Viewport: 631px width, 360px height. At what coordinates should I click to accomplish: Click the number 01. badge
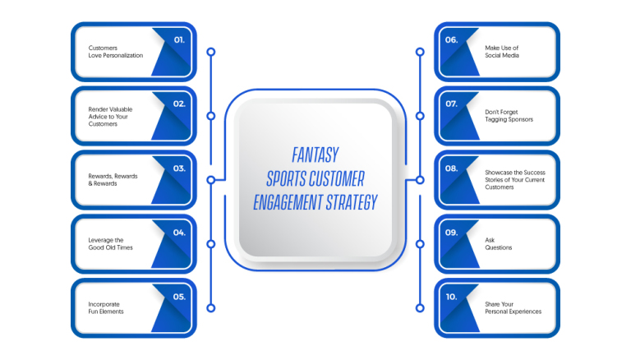[179, 40]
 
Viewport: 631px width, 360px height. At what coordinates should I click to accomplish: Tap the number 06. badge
[452, 40]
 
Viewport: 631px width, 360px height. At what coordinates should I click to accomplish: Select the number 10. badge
[452, 297]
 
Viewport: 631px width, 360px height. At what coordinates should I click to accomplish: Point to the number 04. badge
[179, 233]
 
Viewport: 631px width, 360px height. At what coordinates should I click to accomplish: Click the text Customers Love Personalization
[116, 52]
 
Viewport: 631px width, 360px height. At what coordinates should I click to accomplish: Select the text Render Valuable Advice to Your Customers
[110, 117]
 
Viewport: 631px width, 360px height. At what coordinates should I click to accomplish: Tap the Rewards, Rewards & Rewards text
[113, 180]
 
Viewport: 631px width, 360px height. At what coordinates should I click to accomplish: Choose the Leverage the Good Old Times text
[110, 243]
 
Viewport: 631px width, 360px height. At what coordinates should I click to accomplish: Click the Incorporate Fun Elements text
[106, 307]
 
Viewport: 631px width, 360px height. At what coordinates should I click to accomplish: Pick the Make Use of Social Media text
[502, 52]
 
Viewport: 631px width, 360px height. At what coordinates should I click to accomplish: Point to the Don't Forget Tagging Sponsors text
[509, 116]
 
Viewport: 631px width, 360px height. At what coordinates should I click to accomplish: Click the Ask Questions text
[498, 243]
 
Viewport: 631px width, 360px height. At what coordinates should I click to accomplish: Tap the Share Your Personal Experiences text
[513, 307]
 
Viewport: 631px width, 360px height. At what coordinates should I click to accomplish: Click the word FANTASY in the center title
[315, 155]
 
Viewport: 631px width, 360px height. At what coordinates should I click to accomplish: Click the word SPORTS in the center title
[287, 179]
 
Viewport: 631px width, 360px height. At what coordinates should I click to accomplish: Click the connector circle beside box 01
[211, 52]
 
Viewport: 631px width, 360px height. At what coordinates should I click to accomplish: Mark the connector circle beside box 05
[211, 308]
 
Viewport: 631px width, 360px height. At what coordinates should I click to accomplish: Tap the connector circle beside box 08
[420, 180]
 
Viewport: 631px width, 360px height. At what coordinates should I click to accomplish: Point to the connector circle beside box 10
[420, 308]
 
